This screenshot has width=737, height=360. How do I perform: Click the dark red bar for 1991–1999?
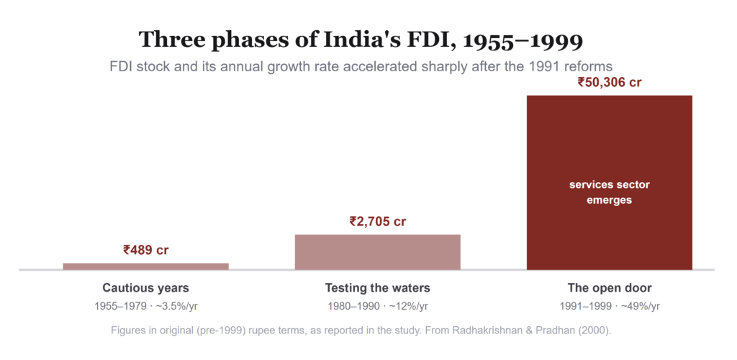tap(609, 182)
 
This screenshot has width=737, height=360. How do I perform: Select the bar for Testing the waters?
tap(377, 252)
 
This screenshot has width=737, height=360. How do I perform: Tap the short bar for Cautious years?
tap(145, 266)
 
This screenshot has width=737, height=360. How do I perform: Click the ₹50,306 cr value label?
tap(609, 83)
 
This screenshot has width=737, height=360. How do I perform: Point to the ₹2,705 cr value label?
tap(377, 221)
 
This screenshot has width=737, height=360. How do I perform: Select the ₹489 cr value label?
tap(145, 250)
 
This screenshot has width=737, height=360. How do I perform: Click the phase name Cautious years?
tap(145, 287)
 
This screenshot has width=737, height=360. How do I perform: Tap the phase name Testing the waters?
tap(377, 287)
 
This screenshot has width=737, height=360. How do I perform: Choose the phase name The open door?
tap(609, 287)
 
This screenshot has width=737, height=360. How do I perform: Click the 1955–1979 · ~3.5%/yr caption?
tap(149, 307)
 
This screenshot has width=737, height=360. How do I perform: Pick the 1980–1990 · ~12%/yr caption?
tap(377, 307)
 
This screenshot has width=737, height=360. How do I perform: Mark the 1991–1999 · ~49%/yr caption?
tap(609, 307)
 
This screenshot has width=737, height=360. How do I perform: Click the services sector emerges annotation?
tap(609, 192)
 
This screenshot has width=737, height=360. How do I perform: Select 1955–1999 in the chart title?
tap(523, 40)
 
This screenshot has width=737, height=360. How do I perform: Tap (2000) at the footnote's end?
tap(597, 330)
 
